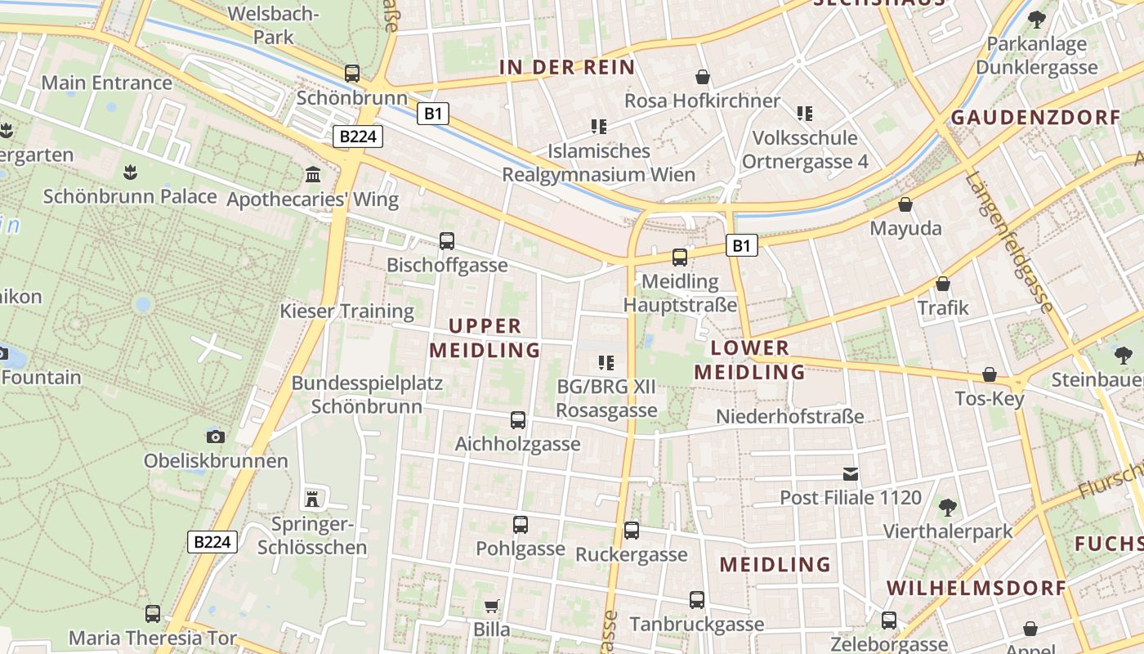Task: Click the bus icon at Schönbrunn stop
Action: [x=352, y=74]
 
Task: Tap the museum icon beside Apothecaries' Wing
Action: [x=312, y=174]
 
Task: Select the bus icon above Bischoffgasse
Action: [x=447, y=241]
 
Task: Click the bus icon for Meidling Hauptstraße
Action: [x=680, y=258]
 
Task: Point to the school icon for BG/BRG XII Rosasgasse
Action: [x=606, y=362]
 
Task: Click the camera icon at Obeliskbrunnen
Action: [x=216, y=437]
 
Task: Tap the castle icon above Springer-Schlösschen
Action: [x=311, y=498]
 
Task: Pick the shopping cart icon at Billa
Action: [x=492, y=606]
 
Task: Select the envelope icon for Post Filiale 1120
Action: [x=851, y=473]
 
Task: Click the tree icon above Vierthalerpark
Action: [x=948, y=508]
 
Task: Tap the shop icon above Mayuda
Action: [x=905, y=204]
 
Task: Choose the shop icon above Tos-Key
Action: [x=990, y=374]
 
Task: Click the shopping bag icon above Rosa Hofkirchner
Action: [x=702, y=77]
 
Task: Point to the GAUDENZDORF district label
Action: [x=1036, y=117]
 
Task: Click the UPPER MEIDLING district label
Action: [x=485, y=338]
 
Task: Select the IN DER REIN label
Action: [x=567, y=67]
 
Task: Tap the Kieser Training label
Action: [x=347, y=311]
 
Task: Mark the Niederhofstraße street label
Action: [x=789, y=417]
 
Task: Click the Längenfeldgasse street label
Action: [x=1009, y=244]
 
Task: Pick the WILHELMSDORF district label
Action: [x=976, y=588]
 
